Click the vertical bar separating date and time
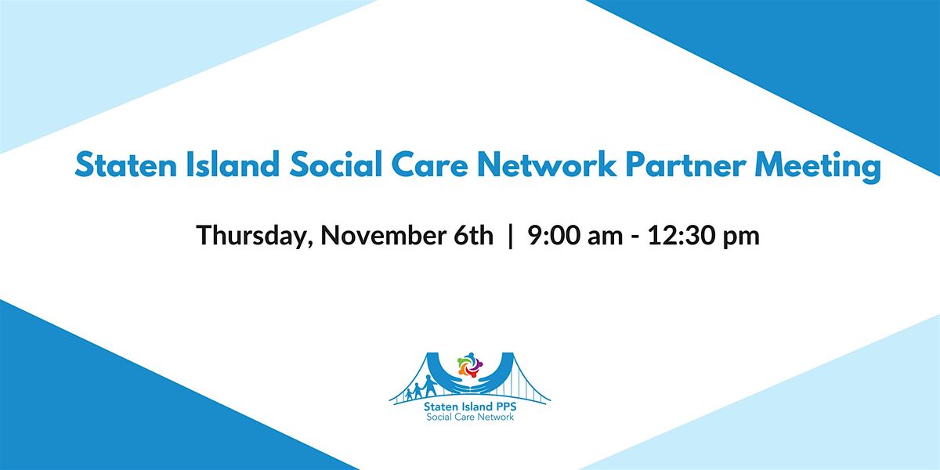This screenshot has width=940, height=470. [511, 236]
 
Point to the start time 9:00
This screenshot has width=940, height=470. [552, 236]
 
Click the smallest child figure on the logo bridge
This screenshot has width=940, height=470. [406, 392]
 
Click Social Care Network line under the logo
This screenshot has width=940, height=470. [470, 418]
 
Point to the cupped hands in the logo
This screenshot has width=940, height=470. [470, 381]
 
